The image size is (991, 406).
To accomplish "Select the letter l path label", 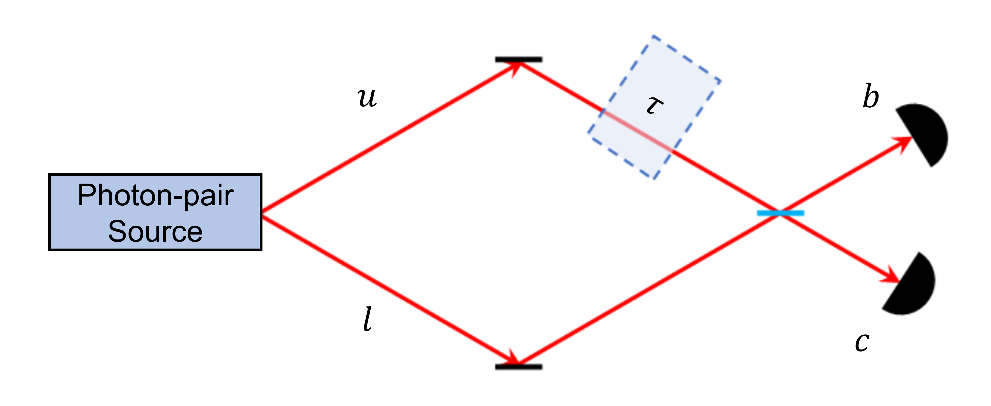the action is coord(367,319).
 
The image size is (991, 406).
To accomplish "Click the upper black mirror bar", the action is coord(519,59).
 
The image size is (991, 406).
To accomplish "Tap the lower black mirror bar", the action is coord(519,367).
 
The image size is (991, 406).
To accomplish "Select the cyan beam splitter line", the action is coord(781,213).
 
